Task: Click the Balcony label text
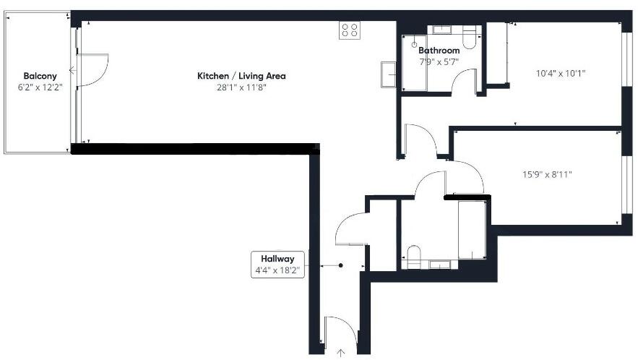[36, 76]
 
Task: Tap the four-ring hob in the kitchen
[350, 30]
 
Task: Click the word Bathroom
[439, 51]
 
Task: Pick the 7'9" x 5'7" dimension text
[439, 61]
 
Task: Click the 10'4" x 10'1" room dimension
[561, 73]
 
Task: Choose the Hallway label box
[277, 265]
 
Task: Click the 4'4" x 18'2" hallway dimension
[277, 271]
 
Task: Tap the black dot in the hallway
[341, 265]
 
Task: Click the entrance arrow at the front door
[340, 352]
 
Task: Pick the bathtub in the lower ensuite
[472, 230]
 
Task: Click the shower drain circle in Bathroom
[415, 45]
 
